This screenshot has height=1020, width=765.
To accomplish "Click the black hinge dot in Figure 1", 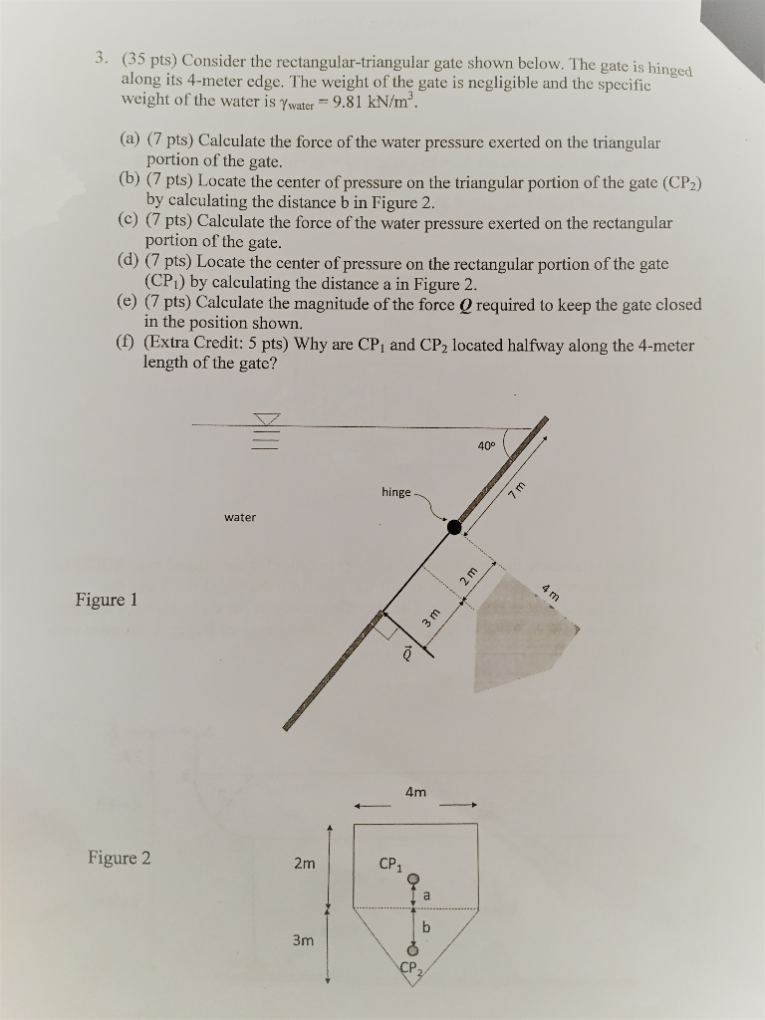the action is tap(454, 528).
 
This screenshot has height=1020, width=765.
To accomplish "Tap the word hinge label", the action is tap(399, 492).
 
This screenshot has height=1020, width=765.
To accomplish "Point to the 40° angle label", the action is tap(485, 445).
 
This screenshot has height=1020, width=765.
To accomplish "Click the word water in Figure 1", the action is tap(240, 517).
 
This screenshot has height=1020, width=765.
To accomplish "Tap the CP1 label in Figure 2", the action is tap(390, 864).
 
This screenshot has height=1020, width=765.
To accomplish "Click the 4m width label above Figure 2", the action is tap(416, 792).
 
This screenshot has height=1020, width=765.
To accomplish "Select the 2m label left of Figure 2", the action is tap(304, 864).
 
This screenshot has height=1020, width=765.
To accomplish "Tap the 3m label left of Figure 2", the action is tap(304, 939).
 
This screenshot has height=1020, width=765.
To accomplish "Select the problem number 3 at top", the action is tap(99, 56).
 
